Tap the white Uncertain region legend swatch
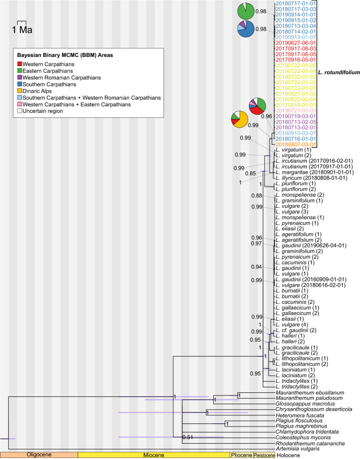[20, 111]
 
